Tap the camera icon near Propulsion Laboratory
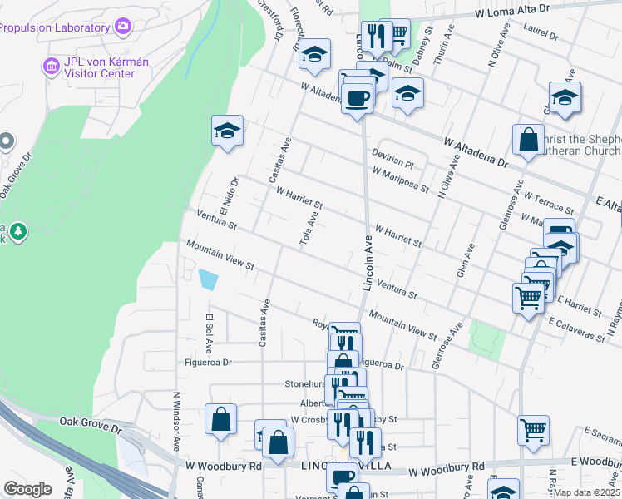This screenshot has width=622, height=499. [x=123, y=27]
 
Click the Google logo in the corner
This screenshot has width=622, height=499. [x=27, y=489]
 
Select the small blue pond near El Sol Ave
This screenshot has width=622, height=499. [x=208, y=279]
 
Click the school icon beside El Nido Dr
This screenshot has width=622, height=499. [x=227, y=131]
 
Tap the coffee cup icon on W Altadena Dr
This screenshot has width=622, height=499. [x=358, y=98]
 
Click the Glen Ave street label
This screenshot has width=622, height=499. [x=465, y=260]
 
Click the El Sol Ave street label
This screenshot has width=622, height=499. [x=209, y=333]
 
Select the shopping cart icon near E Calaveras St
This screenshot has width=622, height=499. [x=529, y=297]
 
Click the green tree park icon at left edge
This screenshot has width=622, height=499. [x=15, y=231]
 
